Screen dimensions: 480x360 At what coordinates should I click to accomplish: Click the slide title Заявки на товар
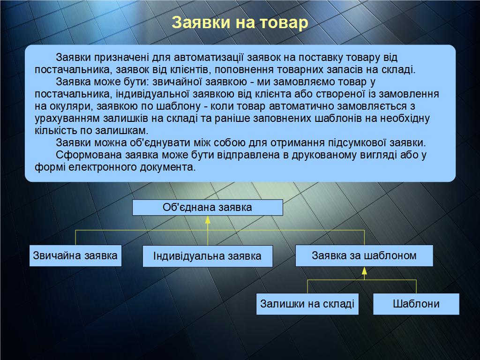click(240, 22)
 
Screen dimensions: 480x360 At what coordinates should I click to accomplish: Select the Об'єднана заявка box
click(208, 208)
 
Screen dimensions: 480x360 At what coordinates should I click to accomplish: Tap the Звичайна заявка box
click(75, 255)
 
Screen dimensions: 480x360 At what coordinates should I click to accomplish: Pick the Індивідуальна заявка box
click(208, 256)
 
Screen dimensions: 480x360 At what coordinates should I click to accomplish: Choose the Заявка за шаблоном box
click(364, 255)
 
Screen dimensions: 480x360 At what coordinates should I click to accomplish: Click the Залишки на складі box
click(307, 304)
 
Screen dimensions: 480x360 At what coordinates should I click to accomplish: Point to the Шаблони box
click(416, 304)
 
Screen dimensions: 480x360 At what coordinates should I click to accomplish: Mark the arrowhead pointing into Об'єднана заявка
click(208, 219)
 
